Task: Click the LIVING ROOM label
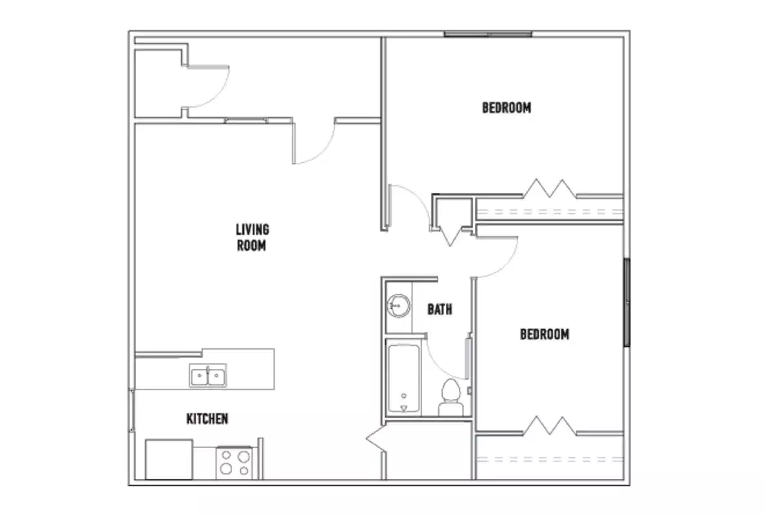[252, 237]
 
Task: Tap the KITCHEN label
[207, 419]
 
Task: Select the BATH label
[440, 310]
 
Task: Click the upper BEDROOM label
[507, 108]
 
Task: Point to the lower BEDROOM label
[545, 334]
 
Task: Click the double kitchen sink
[208, 375]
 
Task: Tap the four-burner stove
[234, 462]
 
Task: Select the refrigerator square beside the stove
[169, 459]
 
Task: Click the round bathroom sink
[399, 305]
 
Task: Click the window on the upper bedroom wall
[487, 34]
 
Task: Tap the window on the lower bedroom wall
[626, 303]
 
